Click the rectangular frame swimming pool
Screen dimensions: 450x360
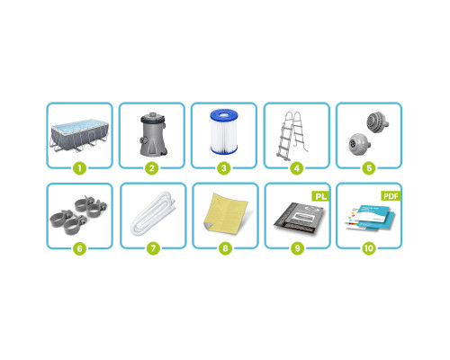(x=79, y=135)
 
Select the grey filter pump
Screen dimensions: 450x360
(x=153, y=134)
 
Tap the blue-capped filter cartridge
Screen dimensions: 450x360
(x=224, y=131)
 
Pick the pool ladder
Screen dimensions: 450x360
(x=292, y=135)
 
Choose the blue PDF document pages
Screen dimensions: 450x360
(x=370, y=218)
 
